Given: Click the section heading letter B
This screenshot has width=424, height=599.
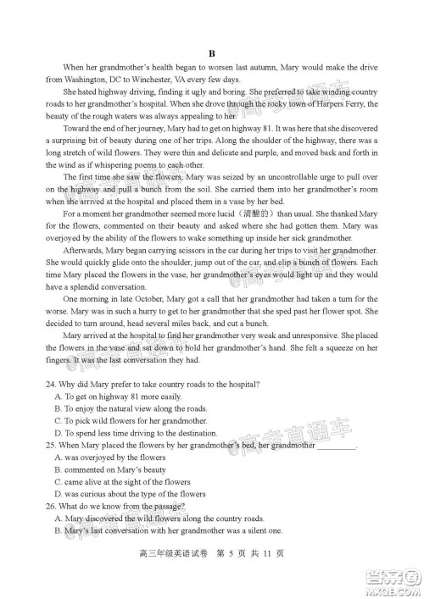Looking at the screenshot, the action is tap(213, 52).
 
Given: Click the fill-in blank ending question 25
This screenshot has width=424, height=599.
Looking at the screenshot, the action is tap(337, 446).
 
